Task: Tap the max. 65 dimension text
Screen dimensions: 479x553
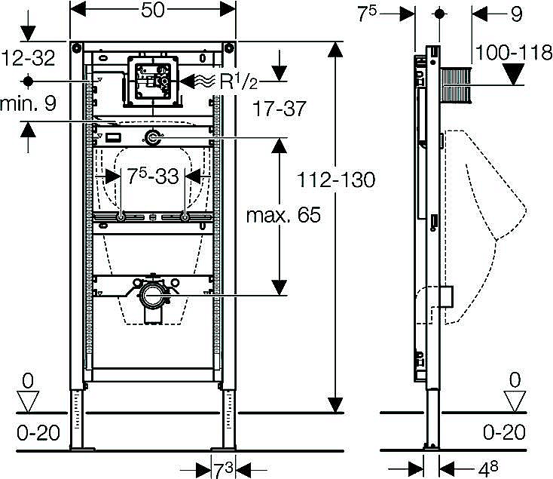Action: (283, 215)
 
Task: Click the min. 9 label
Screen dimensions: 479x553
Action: (29, 106)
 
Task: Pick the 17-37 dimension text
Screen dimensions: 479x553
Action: (280, 109)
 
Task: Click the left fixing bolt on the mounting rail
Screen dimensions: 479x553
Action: (121, 218)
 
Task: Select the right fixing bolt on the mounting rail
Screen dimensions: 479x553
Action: (185, 218)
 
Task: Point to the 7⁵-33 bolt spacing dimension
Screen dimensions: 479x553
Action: (154, 177)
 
